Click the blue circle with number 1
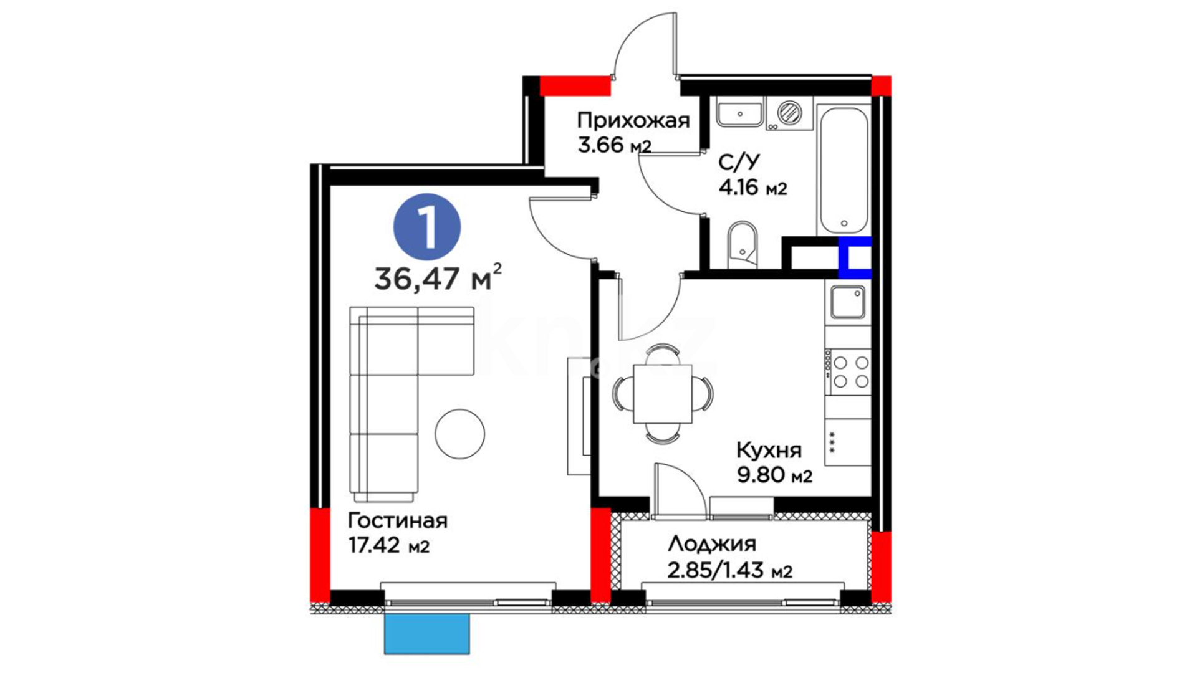[x=427, y=227]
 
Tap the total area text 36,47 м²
[x=438, y=278]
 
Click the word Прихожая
[x=633, y=120]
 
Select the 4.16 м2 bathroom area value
[x=752, y=187]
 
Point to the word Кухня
[x=769, y=450]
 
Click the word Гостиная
[x=398, y=520]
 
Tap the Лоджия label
[x=712, y=545]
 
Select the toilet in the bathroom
[x=742, y=244]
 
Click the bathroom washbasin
[x=739, y=114]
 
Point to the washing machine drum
[x=789, y=113]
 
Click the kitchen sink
[x=848, y=302]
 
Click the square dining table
[x=662, y=394]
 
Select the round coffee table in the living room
[x=460, y=434]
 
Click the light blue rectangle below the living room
[x=426, y=634]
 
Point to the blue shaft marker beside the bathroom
[x=855, y=257]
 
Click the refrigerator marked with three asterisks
[x=848, y=442]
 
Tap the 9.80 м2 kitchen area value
[x=775, y=475]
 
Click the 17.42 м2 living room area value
[x=389, y=545]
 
